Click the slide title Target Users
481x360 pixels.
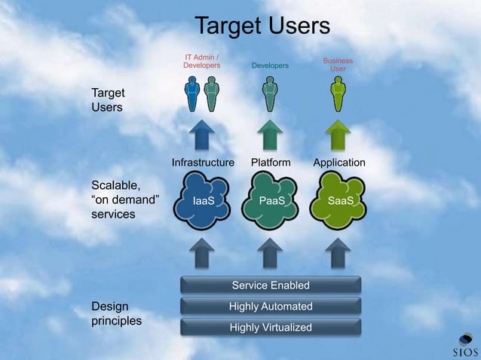tap(262, 26)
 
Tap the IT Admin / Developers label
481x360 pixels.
tap(202, 61)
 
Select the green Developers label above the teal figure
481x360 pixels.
tap(270, 66)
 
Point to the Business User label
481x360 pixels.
tap(338, 65)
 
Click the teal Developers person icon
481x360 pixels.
tap(270, 95)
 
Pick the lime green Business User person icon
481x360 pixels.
tap(338, 95)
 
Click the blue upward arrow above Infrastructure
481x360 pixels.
tap(202, 136)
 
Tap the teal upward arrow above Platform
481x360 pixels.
tap(270, 136)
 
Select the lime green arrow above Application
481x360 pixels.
tap(338, 136)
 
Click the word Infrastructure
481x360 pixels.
tap(203, 163)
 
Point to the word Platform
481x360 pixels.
tap(271, 163)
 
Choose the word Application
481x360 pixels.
tap(339, 163)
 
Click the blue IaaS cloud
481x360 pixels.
tap(203, 201)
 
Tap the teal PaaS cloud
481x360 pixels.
tap(271, 201)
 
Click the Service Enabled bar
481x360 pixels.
tap(271, 285)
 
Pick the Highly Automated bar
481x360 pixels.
tap(271, 307)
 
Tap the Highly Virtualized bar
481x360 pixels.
tap(271, 328)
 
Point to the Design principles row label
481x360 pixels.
tap(115, 313)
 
